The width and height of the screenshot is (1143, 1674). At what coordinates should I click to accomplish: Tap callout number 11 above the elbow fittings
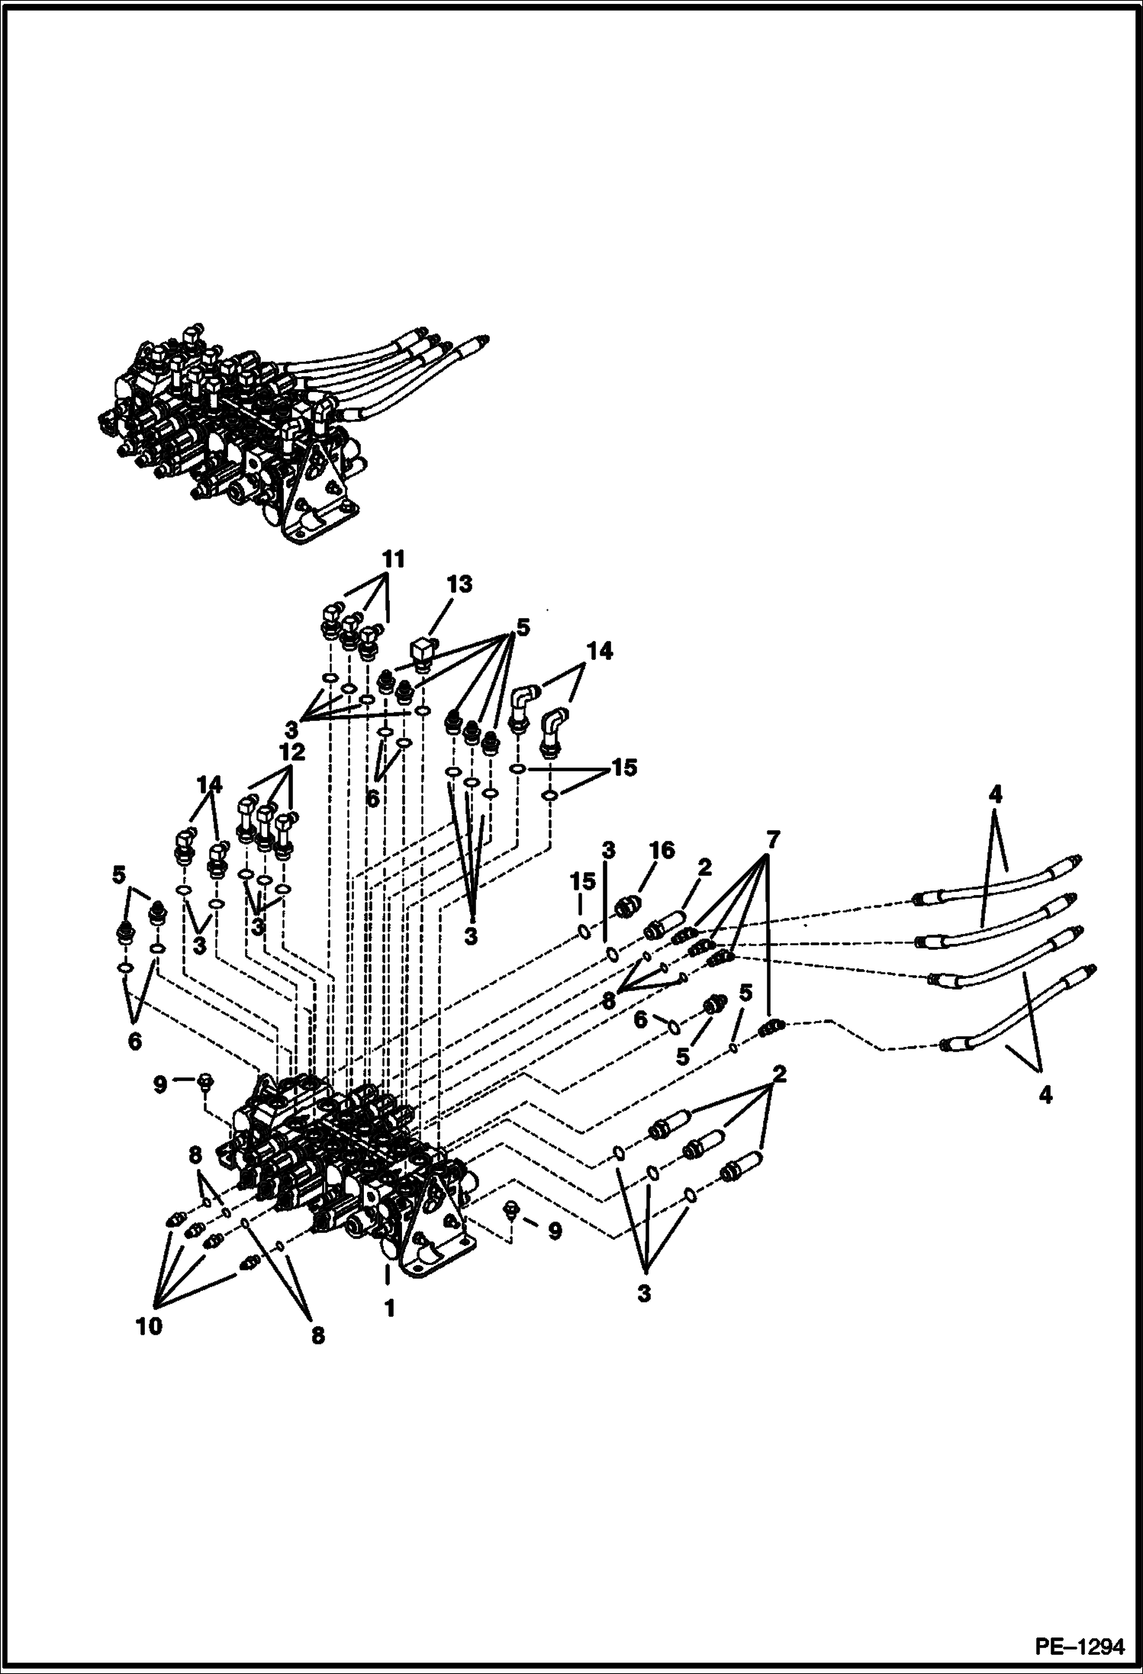click(394, 560)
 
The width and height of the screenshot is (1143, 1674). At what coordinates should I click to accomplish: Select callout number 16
click(662, 850)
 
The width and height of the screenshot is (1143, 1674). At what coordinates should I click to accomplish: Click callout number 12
click(292, 752)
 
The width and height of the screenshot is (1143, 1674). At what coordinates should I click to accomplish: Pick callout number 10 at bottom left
click(150, 1326)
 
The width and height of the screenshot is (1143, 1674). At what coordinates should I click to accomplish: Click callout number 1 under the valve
click(389, 1309)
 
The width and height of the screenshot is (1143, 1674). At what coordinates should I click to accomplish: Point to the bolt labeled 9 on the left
click(204, 1082)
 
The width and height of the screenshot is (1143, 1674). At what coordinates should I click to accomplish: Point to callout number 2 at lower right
click(778, 1076)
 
